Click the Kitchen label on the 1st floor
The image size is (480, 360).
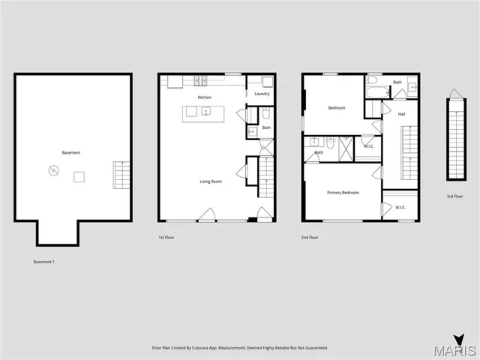point(204,97)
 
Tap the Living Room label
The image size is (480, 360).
point(210,181)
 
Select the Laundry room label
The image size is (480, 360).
point(262,94)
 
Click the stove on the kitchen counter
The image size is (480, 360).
point(201,80)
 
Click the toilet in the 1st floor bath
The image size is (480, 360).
point(266,113)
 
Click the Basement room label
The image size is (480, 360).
point(71,153)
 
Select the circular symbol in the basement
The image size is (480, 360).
point(52,170)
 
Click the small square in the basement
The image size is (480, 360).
point(79,176)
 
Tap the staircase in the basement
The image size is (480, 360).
point(121,175)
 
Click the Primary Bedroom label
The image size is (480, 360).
point(343,193)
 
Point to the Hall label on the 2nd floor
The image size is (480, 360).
point(401,114)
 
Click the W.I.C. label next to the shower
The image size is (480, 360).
point(368,146)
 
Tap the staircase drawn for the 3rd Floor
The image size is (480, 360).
point(454,139)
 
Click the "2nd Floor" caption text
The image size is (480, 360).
point(310,237)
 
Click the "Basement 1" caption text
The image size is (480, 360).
point(44,262)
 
